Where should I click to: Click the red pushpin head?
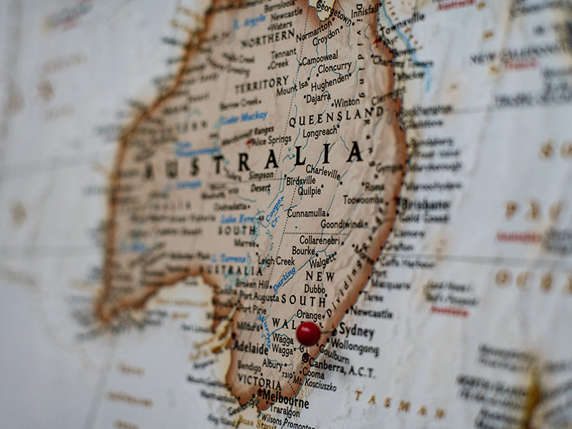click(308, 332)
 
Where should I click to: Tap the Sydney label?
click(356, 330)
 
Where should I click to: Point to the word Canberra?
click(326, 365)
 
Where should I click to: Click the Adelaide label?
click(250, 349)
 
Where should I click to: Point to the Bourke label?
click(303, 251)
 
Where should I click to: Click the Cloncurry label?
click(334, 68)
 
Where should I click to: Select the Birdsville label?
click(300, 181)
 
